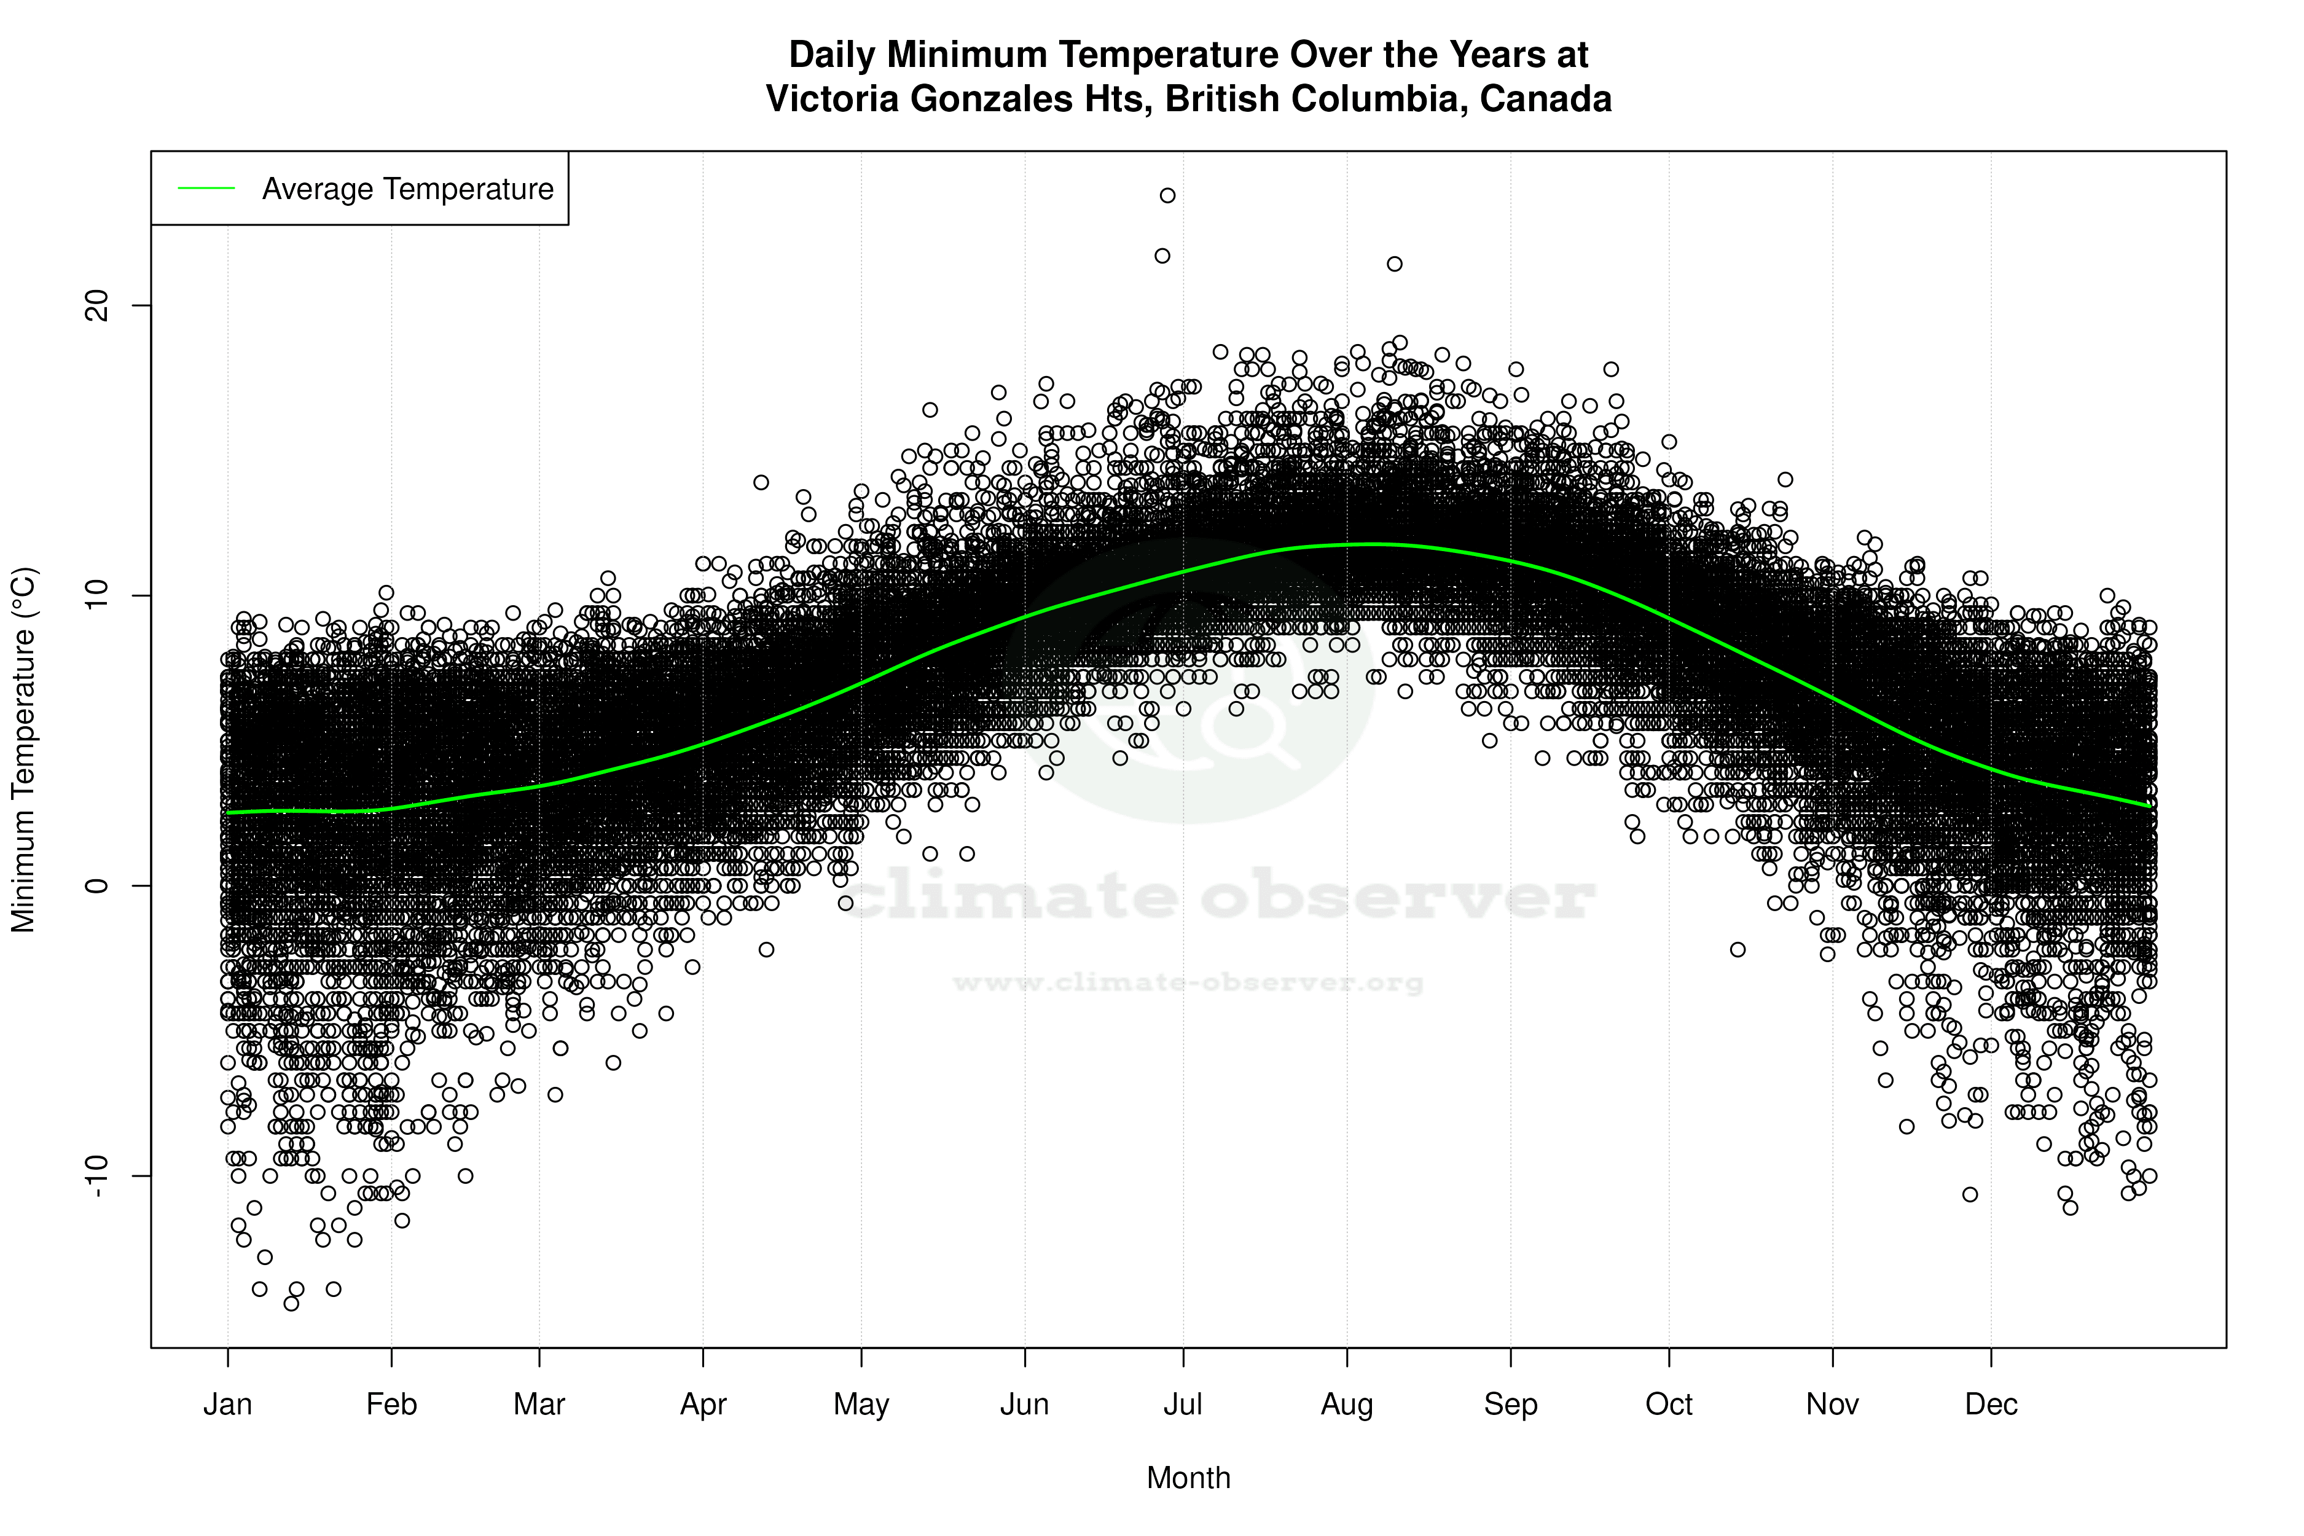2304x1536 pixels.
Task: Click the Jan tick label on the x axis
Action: (227, 1405)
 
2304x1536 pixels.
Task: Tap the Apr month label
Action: (703, 1405)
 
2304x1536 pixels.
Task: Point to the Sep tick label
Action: (1511, 1405)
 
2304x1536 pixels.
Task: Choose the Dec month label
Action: (1991, 1405)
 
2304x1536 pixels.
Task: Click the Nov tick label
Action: (1832, 1405)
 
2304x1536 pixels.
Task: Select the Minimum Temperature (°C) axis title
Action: (23, 750)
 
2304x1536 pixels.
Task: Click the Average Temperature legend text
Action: (407, 189)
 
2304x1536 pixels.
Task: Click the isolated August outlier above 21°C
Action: (1395, 264)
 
